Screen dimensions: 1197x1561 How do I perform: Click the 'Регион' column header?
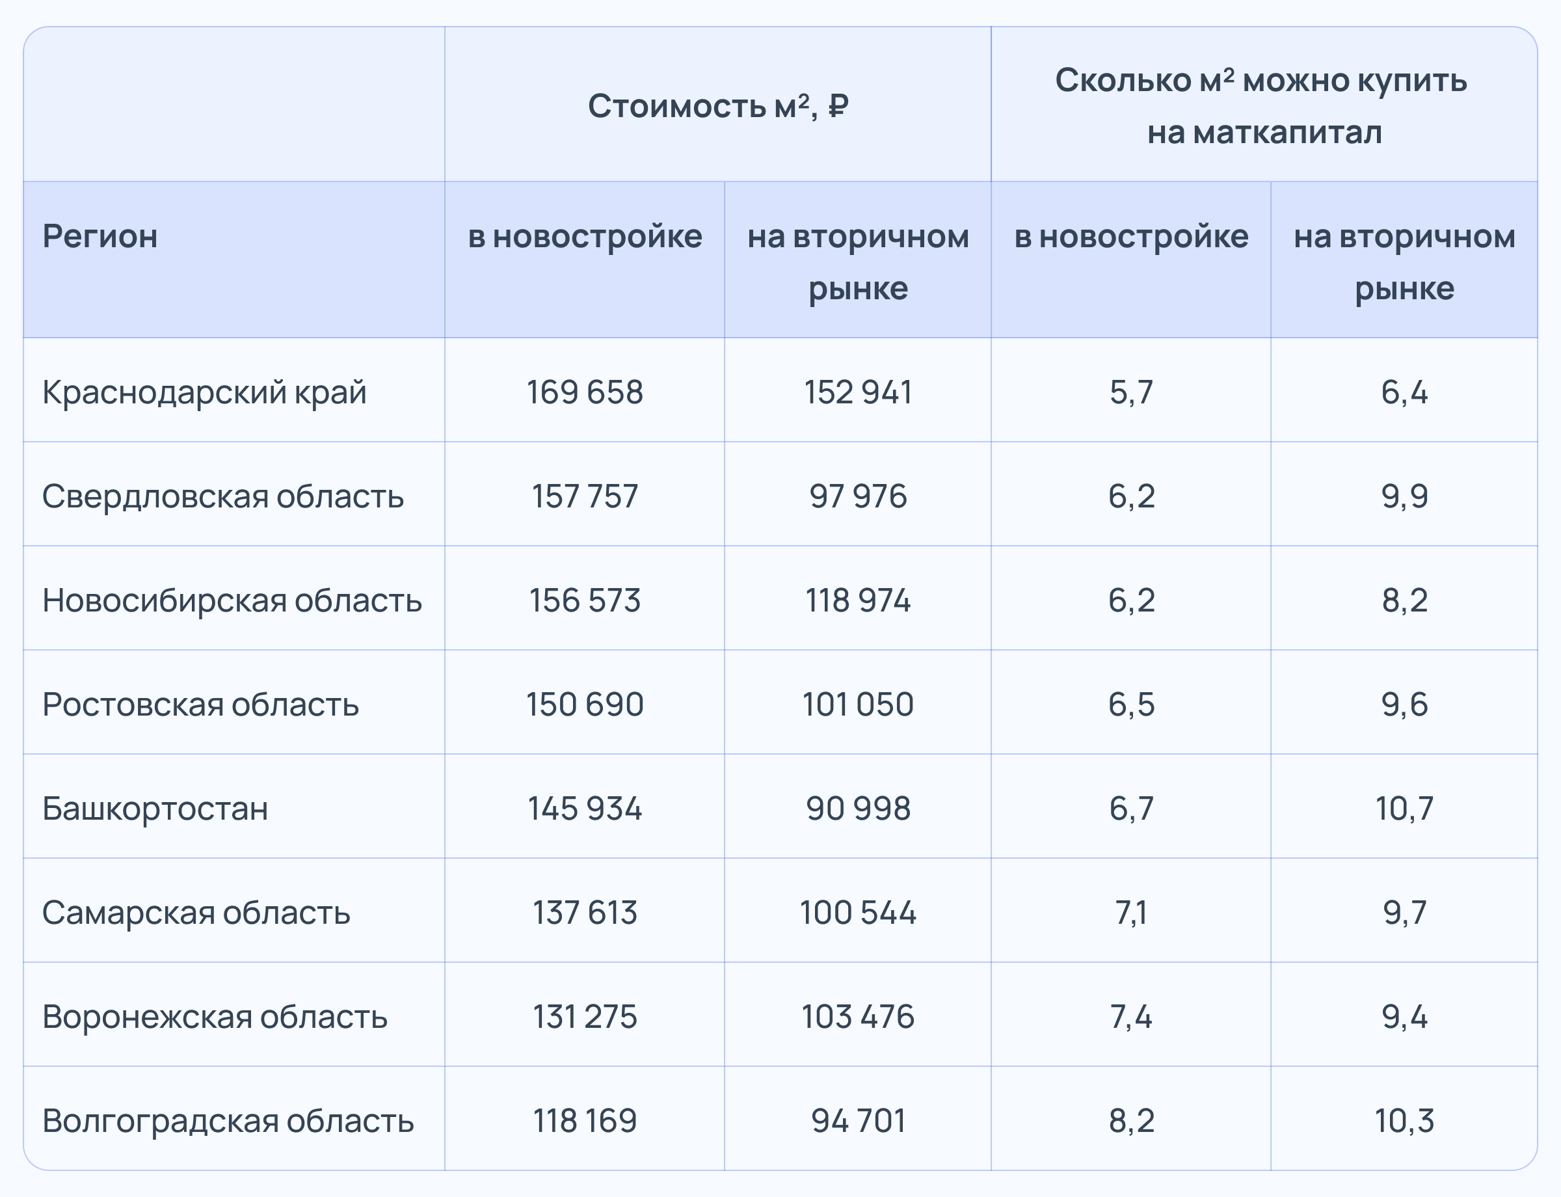[100, 236]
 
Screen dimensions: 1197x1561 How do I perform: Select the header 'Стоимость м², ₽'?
[717, 106]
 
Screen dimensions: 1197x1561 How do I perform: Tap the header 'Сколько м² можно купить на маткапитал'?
[1263, 106]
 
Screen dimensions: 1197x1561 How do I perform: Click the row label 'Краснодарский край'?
[204, 392]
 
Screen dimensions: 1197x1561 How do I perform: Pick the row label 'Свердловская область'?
[223, 496]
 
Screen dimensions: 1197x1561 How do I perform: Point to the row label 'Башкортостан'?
[155, 808]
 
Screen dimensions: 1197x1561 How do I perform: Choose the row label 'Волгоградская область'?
[228, 1120]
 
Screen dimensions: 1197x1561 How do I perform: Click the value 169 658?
[584, 392]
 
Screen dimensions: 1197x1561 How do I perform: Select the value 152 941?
[858, 392]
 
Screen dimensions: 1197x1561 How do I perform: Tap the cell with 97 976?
[858, 496]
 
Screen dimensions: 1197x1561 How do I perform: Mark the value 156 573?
[584, 600]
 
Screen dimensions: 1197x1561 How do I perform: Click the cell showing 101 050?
[858, 704]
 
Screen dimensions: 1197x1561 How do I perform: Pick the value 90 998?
[858, 808]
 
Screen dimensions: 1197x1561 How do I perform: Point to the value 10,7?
[1404, 808]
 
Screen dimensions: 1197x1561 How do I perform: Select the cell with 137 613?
[584, 912]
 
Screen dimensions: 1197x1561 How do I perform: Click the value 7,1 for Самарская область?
[1130, 912]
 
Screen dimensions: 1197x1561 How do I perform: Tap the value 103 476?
[858, 1016]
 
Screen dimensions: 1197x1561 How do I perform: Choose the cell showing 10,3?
[1404, 1120]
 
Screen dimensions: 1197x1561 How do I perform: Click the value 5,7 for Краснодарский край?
[1130, 392]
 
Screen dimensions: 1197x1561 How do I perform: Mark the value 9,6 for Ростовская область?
[1404, 704]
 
